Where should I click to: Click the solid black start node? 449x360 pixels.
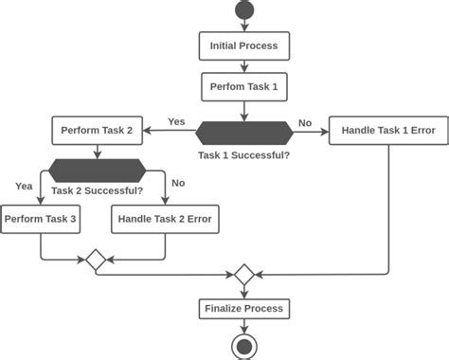coord(243,10)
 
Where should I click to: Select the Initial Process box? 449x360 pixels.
coord(243,45)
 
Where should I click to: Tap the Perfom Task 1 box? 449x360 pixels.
coord(243,87)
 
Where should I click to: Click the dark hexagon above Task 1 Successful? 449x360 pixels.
coord(243,130)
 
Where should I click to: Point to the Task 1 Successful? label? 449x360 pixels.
coord(243,154)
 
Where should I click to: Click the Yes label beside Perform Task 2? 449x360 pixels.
coord(176,121)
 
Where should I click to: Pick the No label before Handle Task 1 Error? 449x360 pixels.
coord(305,122)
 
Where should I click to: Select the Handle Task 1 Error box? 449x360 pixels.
coord(387,130)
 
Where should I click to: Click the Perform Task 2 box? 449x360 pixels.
coord(96,130)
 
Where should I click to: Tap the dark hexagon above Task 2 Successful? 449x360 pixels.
coord(97,171)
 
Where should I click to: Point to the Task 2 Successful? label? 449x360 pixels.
coord(97,190)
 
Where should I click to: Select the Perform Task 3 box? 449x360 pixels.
coord(40,220)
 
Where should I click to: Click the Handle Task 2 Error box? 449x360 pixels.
coord(165,220)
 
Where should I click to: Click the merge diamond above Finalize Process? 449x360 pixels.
coord(243,275)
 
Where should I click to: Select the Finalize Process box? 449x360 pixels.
coord(243,309)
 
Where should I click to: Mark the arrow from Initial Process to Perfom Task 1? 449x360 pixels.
coord(243,66)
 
